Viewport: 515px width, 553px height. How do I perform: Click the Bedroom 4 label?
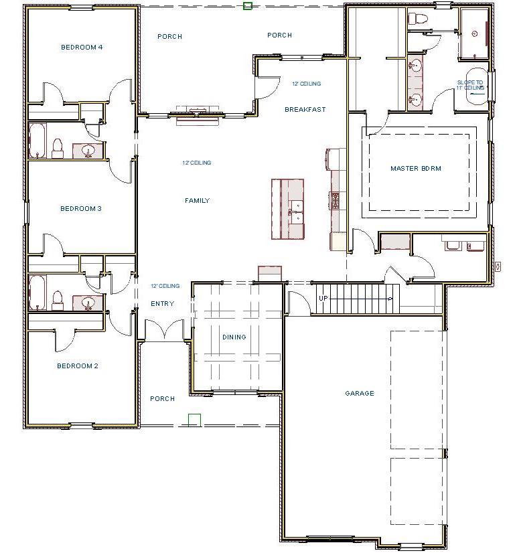coord(82,47)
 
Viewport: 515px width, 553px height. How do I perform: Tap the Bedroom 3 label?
coord(81,209)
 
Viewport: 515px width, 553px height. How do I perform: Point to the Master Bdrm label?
coord(416,169)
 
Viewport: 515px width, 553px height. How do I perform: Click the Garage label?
coord(360,394)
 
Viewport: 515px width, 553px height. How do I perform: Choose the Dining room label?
coord(234,337)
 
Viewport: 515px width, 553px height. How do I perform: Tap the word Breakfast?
coord(305,110)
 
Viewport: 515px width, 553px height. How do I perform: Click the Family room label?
coord(197,201)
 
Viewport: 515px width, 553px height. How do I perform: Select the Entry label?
coord(162,304)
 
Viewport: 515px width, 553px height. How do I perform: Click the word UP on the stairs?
coord(323,299)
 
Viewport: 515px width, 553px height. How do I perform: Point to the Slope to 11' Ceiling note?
coord(470,85)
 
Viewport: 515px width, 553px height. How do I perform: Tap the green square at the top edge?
coord(247,6)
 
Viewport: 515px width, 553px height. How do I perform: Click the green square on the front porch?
coord(194,420)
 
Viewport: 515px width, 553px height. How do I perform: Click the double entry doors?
coord(165,330)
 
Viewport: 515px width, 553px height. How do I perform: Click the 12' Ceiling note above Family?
coord(197,163)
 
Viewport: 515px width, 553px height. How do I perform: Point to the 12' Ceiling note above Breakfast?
coord(307,84)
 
